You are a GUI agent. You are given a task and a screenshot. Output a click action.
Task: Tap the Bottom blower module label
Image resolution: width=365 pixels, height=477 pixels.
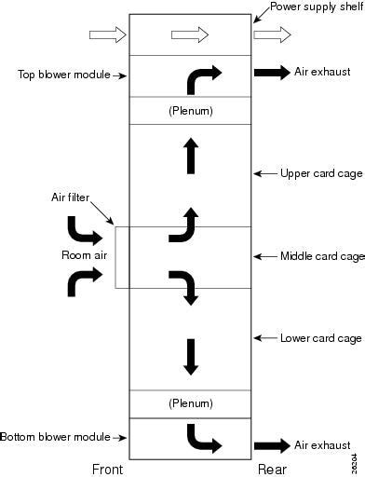point(55,436)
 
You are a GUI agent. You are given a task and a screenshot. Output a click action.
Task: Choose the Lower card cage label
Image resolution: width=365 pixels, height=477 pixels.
point(321,337)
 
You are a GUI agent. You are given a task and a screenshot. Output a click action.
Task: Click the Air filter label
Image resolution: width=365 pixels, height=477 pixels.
point(70,197)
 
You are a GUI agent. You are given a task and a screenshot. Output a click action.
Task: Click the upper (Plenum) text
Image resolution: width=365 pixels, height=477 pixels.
point(191,111)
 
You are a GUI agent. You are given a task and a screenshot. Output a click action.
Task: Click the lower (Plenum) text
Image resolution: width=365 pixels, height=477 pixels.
point(191,403)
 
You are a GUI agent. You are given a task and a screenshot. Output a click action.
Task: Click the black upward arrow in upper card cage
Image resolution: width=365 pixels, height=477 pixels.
point(191,156)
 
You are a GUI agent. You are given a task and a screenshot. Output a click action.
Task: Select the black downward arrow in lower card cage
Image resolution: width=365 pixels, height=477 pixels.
point(191,356)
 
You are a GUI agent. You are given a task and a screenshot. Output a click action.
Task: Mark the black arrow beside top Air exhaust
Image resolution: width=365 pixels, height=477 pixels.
point(272,72)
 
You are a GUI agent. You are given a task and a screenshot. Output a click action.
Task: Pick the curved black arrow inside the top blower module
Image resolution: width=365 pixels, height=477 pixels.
point(203,80)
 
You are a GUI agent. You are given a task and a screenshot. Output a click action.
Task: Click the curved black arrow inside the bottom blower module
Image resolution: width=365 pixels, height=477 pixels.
point(202,437)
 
